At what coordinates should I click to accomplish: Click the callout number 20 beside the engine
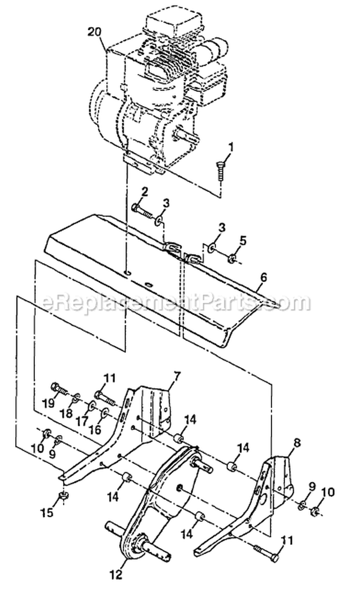[x=95, y=32]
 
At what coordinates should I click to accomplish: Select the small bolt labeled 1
[x=220, y=172]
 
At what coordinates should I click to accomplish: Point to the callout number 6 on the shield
[x=264, y=278]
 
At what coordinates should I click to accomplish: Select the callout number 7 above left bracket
[x=178, y=377]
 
